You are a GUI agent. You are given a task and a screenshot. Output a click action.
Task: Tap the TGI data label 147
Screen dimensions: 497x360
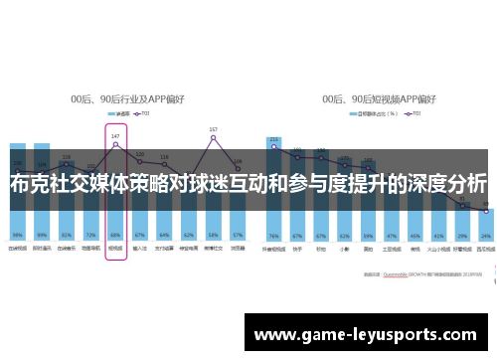(x=115, y=135)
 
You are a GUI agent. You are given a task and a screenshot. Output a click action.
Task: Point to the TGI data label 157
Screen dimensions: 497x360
(x=213, y=130)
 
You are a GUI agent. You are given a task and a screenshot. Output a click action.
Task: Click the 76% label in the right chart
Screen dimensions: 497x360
(x=273, y=235)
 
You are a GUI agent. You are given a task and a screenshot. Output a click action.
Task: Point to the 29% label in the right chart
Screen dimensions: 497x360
(x=463, y=235)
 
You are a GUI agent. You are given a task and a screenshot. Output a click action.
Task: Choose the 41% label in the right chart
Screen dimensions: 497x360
(x=439, y=235)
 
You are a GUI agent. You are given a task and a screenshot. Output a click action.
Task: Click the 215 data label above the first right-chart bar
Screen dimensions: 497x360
(x=273, y=139)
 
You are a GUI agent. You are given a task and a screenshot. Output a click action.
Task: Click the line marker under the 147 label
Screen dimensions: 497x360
(x=115, y=144)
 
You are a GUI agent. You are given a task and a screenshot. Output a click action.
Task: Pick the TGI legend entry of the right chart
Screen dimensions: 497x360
(x=412, y=114)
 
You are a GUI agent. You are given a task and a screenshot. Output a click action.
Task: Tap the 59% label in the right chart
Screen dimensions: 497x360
(x=368, y=235)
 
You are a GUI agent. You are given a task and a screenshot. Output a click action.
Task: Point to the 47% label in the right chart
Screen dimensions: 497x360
(x=392, y=235)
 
